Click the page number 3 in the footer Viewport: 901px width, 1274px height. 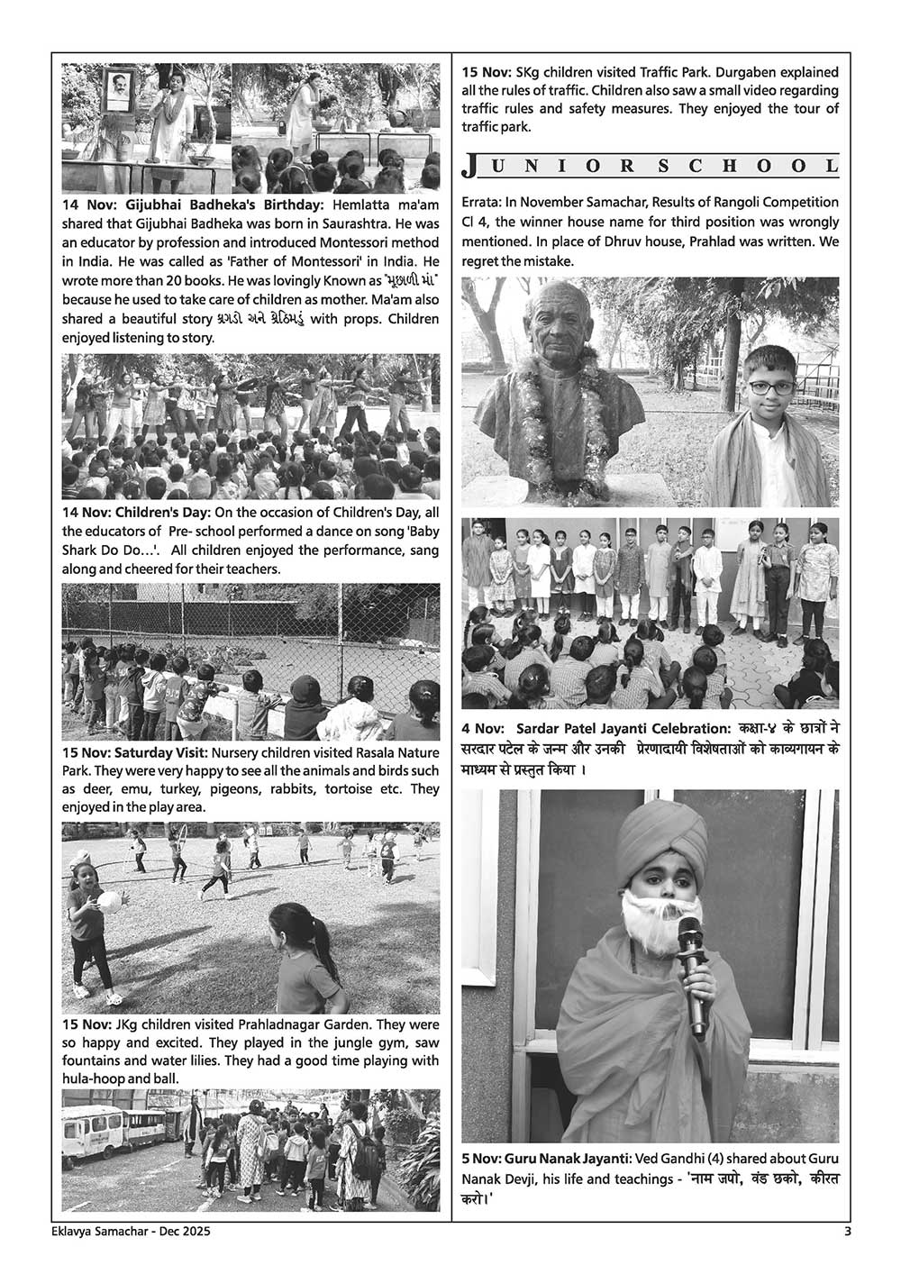coord(847,1233)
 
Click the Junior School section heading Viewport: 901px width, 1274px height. coord(650,166)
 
